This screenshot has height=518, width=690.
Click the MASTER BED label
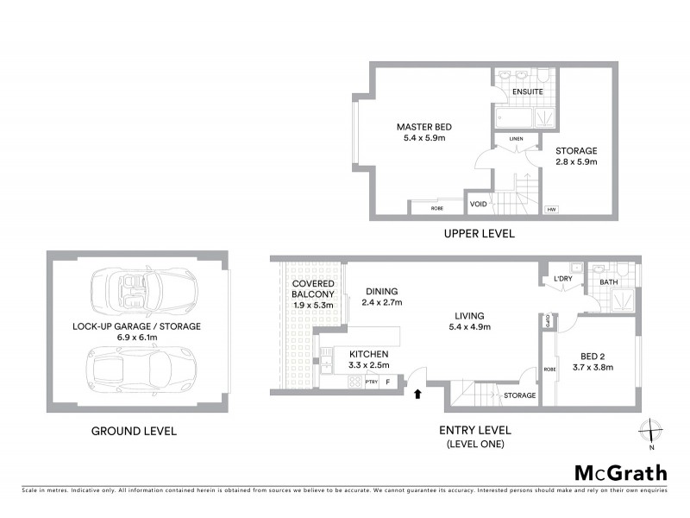point(423,127)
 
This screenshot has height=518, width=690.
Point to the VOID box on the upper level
point(478,204)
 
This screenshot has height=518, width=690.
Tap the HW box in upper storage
point(550,209)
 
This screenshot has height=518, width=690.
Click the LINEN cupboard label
point(516,138)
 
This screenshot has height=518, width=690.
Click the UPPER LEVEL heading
point(479,233)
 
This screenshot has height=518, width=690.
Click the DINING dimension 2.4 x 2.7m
point(382,303)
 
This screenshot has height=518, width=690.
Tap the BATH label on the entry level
point(609,281)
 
